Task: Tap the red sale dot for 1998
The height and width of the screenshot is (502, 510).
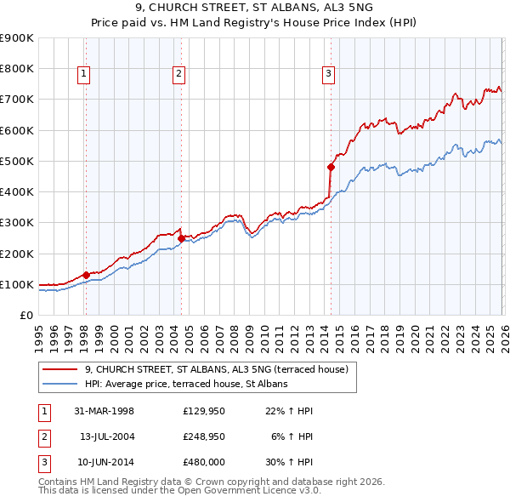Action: point(86,275)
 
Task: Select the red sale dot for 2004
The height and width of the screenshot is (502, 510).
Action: point(181,238)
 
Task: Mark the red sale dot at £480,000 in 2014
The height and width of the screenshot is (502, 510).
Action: point(331,167)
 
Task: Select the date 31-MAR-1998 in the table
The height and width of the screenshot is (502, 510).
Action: point(105,411)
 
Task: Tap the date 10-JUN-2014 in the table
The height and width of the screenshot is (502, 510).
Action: point(105,462)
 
